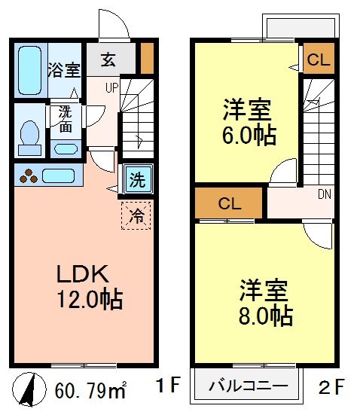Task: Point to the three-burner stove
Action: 29,177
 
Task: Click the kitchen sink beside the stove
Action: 58,177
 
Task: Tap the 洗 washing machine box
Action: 136,180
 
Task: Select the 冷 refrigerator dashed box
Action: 136,214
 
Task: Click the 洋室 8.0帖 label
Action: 266,303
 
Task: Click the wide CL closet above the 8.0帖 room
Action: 229,202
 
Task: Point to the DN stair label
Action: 324,194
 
